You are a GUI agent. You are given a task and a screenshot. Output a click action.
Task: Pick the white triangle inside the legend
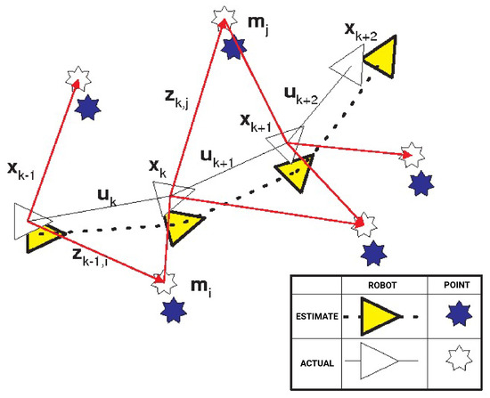[381, 365]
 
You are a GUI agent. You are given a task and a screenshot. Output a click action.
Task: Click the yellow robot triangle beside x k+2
[378, 57]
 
